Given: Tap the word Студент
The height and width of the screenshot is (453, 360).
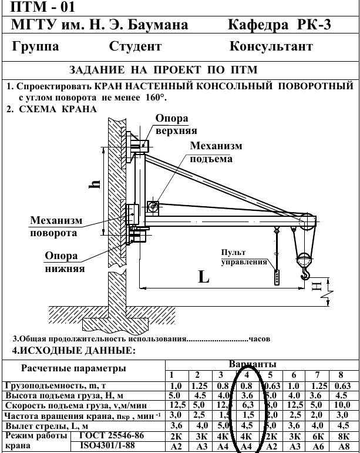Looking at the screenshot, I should tap(135, 46).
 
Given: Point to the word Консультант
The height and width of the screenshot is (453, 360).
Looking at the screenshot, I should tap(271, 46).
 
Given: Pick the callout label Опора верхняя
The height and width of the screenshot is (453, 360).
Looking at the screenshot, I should tap(176, 124).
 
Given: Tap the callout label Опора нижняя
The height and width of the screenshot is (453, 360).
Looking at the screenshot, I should tap(65, 263).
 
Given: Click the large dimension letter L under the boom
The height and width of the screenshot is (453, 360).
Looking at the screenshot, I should tap(203, 277).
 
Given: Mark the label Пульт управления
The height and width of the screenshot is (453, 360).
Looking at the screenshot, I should tap(241, 258).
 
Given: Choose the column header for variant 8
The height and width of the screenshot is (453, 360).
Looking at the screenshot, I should tap(340, 375).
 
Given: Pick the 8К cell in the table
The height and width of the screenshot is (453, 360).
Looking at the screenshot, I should tap(340, 437).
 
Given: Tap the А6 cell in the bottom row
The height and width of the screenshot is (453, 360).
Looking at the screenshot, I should tap(317, 447).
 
